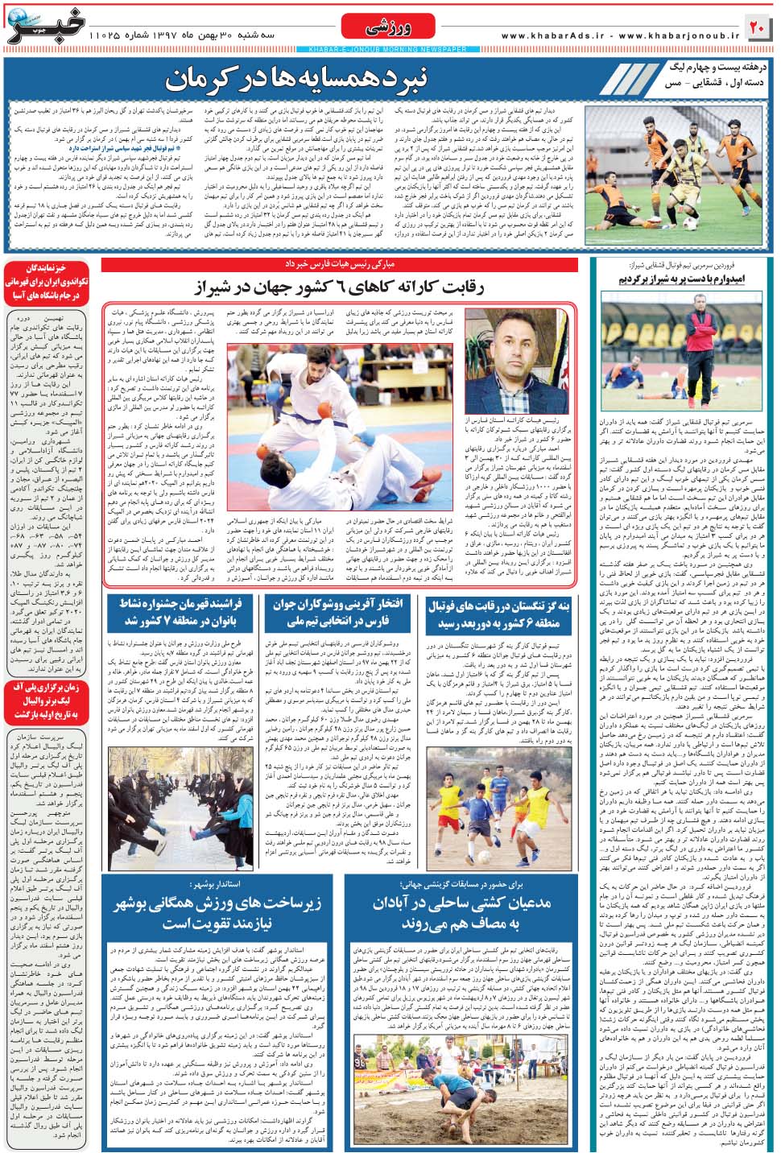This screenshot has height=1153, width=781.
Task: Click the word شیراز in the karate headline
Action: coord(222,287)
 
